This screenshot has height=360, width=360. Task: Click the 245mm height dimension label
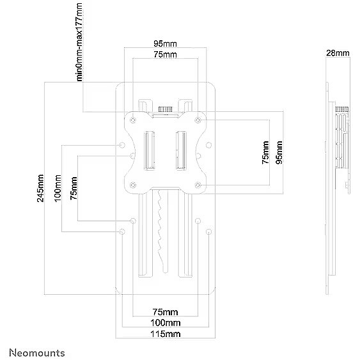[40, 188]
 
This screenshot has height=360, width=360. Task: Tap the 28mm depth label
[338, 53]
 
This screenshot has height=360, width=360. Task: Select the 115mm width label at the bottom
[166, 334]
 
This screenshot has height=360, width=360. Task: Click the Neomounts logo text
[37, 352]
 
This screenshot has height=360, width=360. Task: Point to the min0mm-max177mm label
[79, 42]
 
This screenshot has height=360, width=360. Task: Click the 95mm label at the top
[166, 43]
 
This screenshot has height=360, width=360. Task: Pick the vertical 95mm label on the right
[279, 152]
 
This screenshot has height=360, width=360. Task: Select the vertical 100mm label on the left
[58, 188]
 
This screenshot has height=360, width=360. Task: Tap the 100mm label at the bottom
[166, 323]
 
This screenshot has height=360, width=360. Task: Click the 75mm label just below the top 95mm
[166, 54]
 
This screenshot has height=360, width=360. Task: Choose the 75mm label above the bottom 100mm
[166, 312]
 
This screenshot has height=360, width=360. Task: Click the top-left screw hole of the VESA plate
[133, 120]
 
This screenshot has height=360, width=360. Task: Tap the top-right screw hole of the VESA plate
[198, 120]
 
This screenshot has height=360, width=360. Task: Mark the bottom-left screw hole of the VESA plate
[133, 185]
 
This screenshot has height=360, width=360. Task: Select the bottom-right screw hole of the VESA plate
[198, 185]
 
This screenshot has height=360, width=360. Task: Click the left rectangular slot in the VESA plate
[149, 151]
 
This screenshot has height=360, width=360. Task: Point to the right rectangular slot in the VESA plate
[181, 151]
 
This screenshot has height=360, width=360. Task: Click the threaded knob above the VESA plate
[166, 109]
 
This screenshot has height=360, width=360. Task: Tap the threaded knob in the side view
[342, 109]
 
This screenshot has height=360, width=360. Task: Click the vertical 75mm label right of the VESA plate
[265, 152]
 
